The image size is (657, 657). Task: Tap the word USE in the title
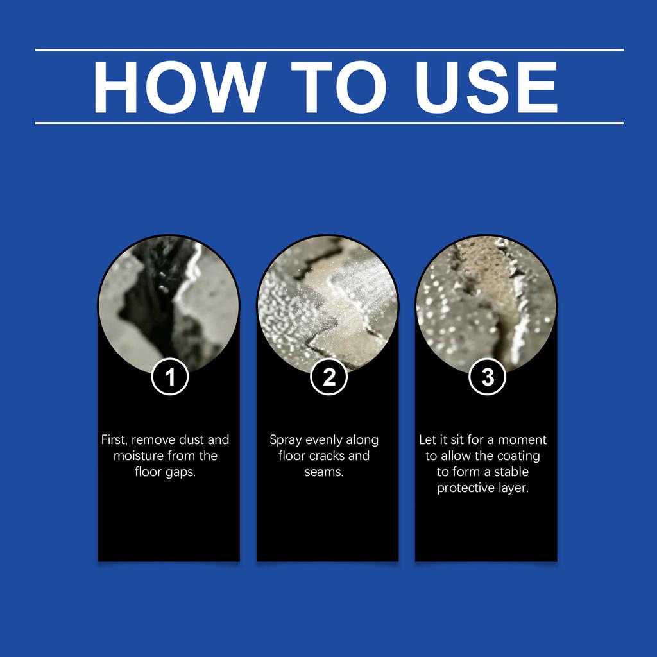[486, 87]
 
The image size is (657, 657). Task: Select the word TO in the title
[339, 87]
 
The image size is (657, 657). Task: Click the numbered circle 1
[169, 377]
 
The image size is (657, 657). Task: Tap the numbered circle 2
[329, 377]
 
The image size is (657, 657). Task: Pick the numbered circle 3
[488, 377]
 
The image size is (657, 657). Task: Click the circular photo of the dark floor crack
[169, 305]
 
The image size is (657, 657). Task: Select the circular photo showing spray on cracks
[328, 305]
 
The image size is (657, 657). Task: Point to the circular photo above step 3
[486, 305]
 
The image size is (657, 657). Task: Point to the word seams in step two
[324, 472]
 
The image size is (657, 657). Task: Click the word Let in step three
[427, 440]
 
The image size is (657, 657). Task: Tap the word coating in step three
[518, 457]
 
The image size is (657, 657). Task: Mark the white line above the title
[329, 50]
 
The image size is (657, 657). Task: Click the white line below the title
[329, 123]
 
